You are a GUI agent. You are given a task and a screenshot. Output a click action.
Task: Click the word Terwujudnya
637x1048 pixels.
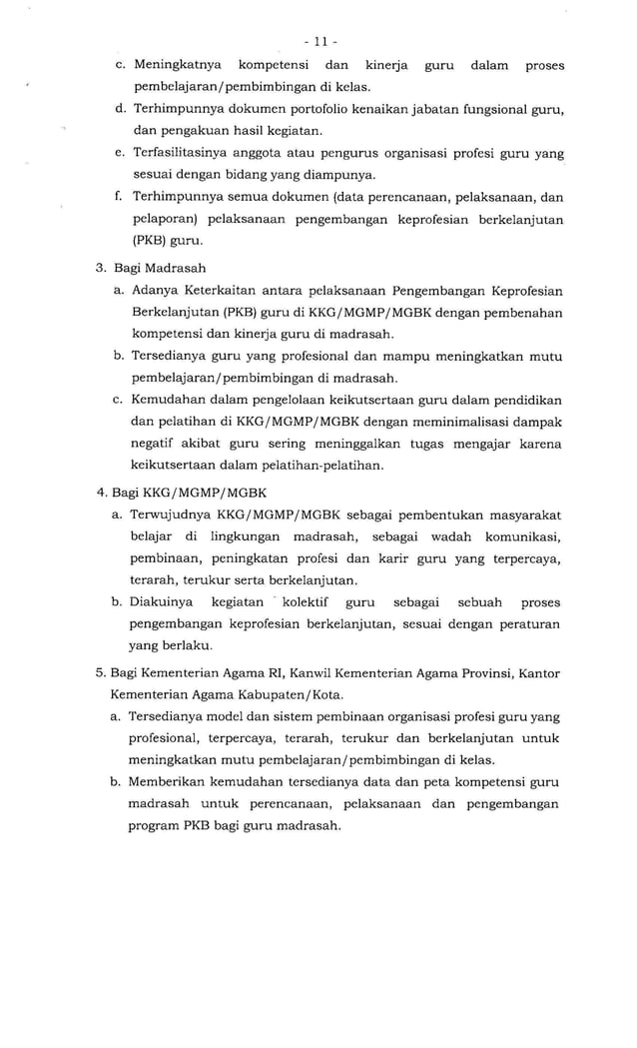click(173, 515)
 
